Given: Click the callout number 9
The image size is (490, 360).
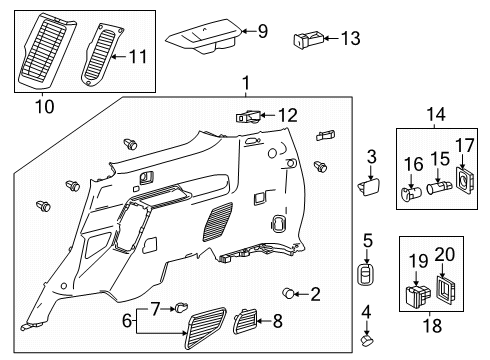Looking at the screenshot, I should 263,32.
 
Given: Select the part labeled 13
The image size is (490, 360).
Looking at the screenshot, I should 305,40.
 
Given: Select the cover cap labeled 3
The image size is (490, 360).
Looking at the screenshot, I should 367,186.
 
